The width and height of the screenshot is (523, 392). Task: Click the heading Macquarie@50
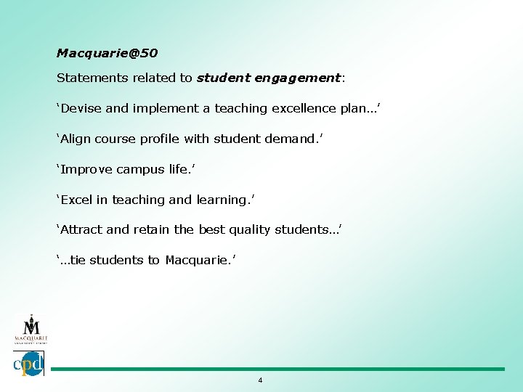(107, 53)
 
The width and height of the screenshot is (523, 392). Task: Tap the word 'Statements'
(86, 77)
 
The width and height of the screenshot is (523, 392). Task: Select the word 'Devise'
(81, 108)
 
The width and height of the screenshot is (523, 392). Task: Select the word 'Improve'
(86, 169)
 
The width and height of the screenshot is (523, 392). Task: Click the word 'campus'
(140, 169)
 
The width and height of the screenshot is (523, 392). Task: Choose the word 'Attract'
(82, 229)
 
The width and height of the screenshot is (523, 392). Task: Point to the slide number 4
(260, 380)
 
